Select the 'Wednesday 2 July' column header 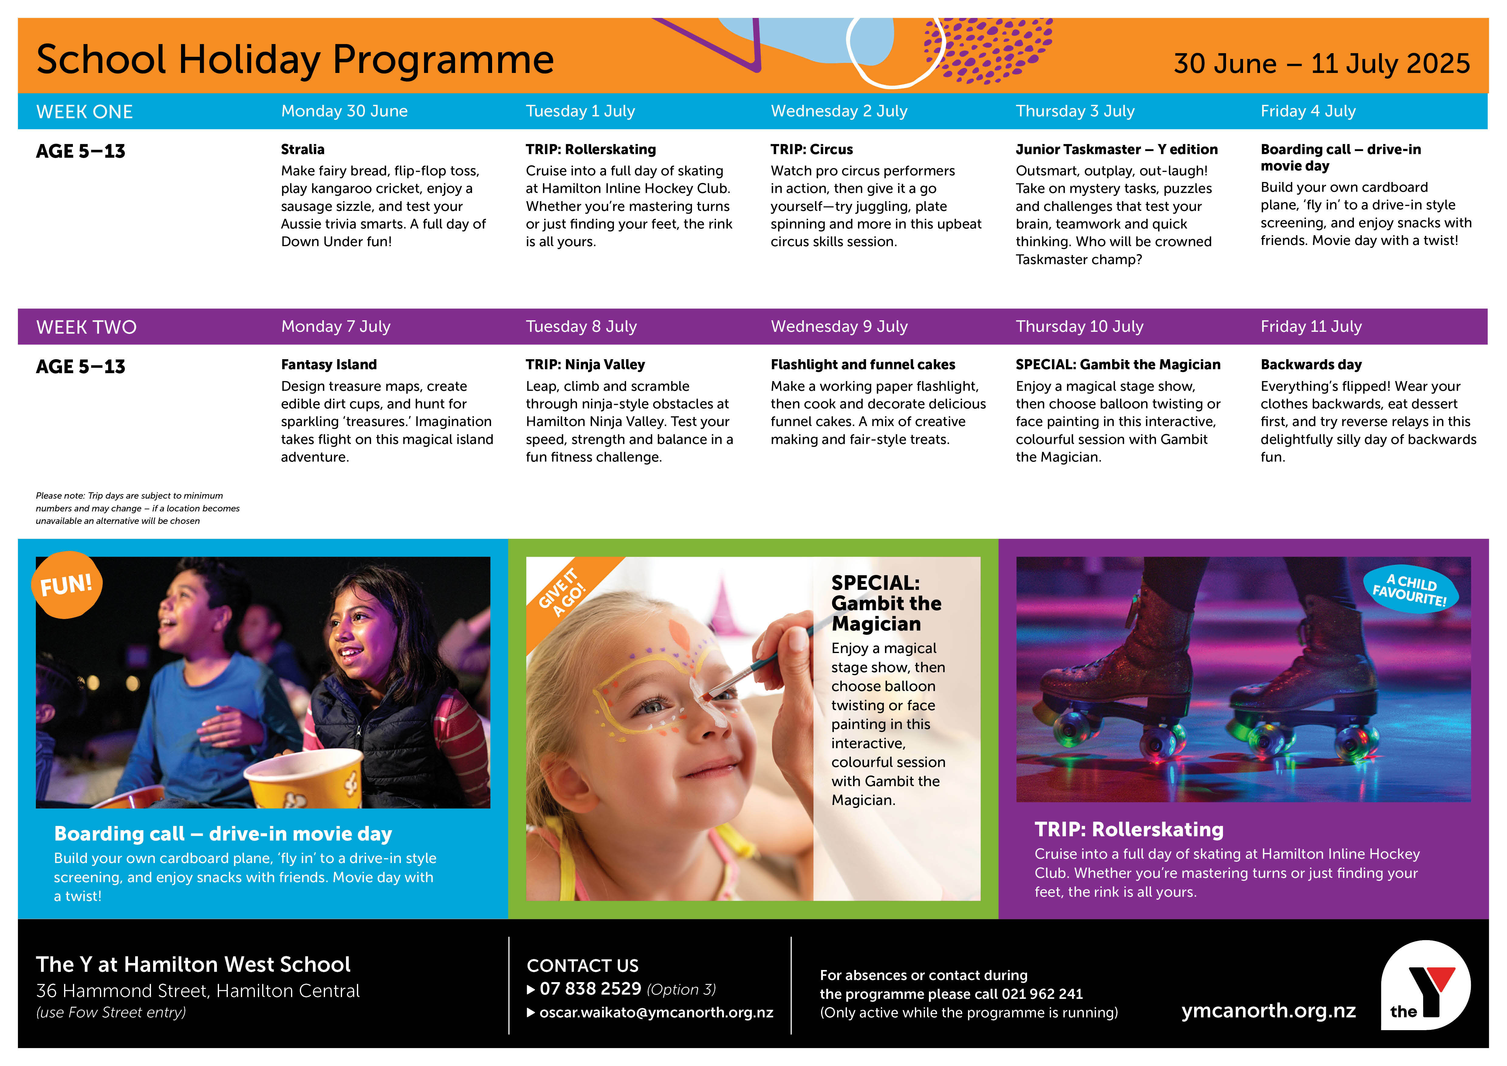pos(839,111)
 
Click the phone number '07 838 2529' pos(590,989)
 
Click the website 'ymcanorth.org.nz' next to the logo pos(1268,1011)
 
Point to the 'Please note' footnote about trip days pos(138,508)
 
